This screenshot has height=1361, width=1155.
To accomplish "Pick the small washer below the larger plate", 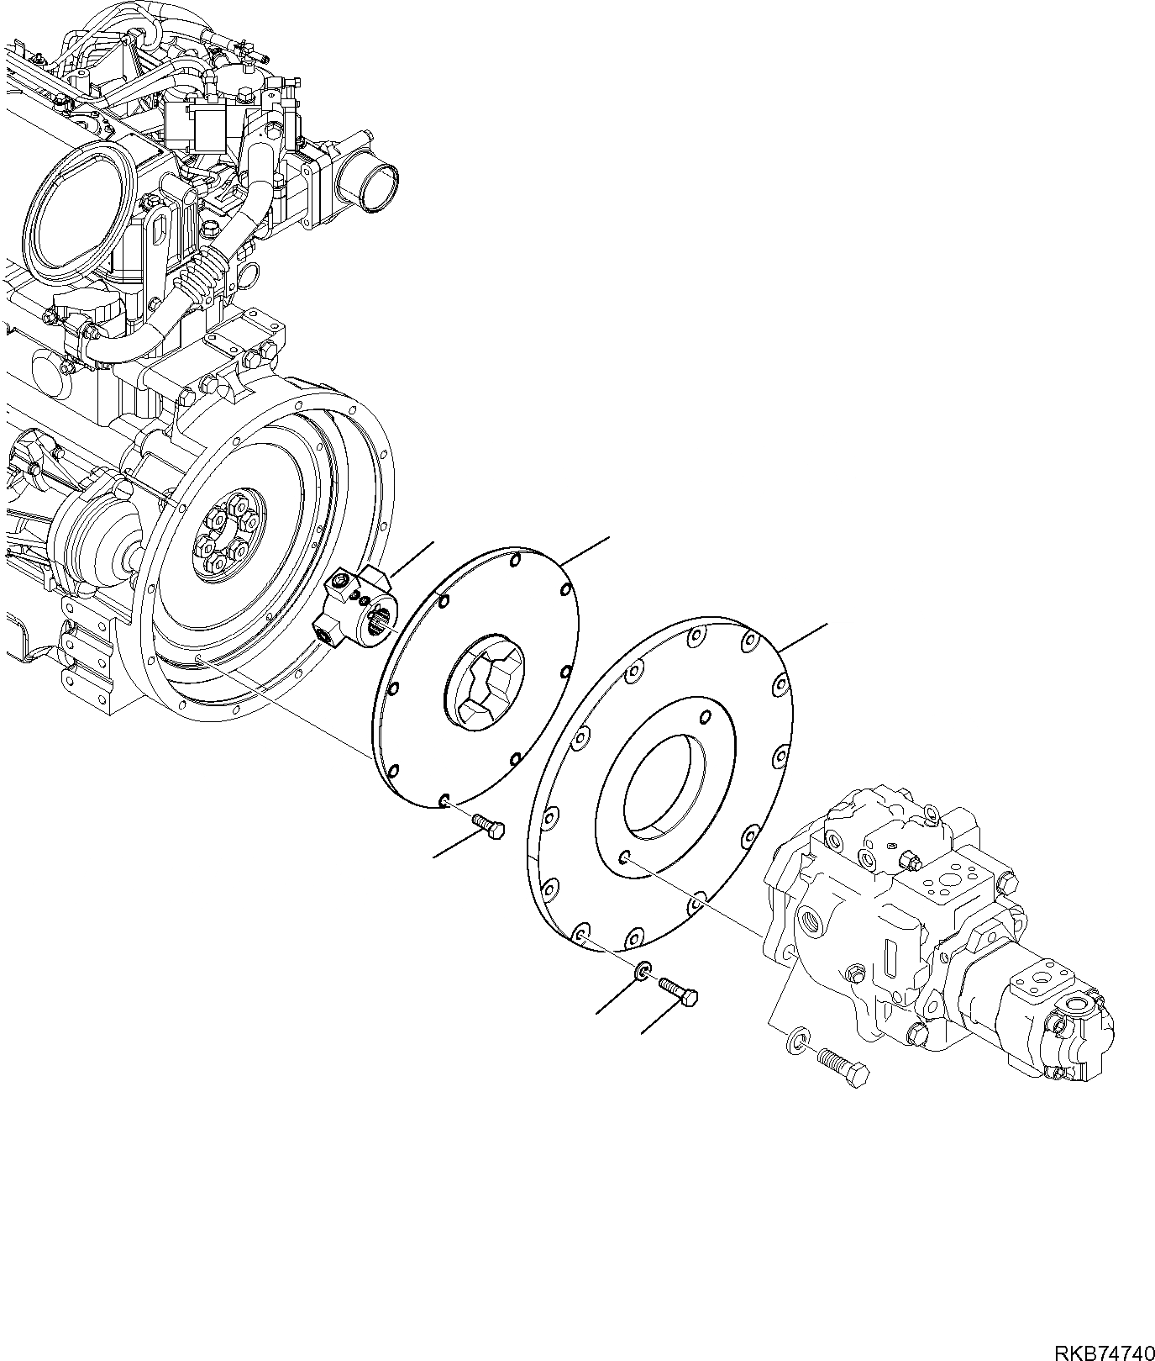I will (x=643, y=972).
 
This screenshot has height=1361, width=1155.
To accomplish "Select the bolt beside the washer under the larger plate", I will (x=678, y=992).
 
